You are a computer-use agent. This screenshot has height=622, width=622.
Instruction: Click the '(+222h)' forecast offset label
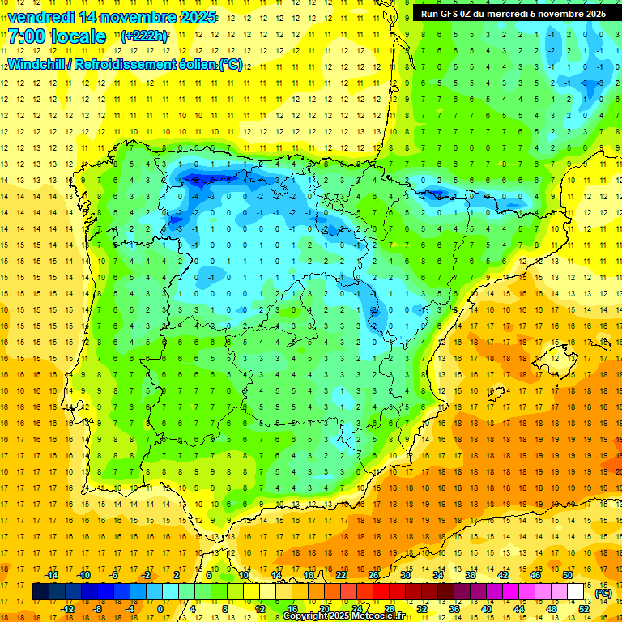pos(145,36)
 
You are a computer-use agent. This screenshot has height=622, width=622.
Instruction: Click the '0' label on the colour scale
pos(160,609)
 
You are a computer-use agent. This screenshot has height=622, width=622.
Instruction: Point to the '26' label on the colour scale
pos(373,575)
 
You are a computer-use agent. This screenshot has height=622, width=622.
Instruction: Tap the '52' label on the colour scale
pos(583,609)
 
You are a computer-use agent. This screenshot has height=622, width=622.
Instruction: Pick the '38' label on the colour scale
pos(470,575)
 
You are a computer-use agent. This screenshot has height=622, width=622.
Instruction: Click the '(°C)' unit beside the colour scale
pos(603,593)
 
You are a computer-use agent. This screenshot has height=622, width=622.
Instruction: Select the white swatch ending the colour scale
pos(576,592)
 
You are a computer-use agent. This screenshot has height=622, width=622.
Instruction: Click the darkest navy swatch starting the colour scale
pos(40,592)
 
